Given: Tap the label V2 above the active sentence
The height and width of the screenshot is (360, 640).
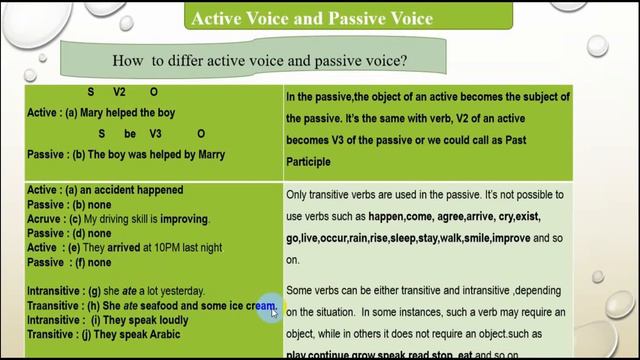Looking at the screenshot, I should (x=120, y=92).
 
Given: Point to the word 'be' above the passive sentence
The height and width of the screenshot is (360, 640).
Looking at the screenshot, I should (x=129, y=133).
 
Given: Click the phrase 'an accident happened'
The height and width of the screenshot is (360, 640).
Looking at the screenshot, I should (x=134, y=190).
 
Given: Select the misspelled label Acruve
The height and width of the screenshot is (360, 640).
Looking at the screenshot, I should (x=44, y=218).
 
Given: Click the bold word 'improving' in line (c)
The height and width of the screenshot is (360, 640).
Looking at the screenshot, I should (x=181, y=218).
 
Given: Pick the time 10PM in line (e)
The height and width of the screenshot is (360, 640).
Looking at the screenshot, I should (x=170, y=246).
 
